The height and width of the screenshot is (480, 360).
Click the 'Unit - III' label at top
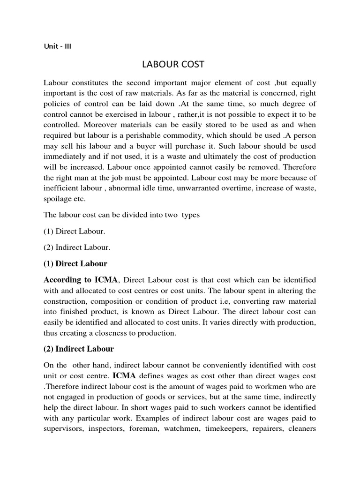(x=57, y=46)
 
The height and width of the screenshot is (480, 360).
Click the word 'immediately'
(x=64, y=156)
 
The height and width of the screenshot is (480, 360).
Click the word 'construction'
(x=65, y=300)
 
